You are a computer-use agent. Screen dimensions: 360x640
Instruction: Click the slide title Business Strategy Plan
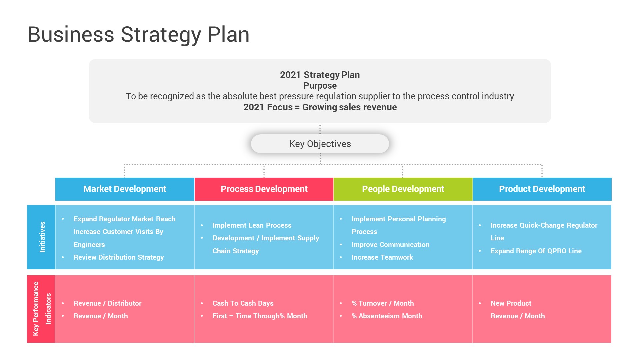click(138, 34)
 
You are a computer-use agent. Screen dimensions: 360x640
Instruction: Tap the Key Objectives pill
click(320, 144)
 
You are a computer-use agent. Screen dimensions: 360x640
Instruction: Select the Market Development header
click(125, 189)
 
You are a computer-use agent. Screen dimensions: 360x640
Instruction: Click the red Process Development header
click(264, 189)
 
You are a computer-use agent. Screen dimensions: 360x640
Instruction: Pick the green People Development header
click(403, 189)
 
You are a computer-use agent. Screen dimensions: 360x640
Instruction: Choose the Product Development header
click(542, 189)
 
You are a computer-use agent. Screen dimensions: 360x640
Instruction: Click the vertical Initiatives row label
click(42, 237)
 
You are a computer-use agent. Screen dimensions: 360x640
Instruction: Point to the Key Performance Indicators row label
click(41, 309)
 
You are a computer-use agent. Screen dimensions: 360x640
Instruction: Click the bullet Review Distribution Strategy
click(119, 257)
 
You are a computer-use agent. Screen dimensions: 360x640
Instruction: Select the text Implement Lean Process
click(252, 225)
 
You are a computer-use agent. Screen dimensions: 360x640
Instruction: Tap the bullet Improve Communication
click(390, 245)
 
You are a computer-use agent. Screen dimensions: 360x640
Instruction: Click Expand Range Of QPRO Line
click(536, 251)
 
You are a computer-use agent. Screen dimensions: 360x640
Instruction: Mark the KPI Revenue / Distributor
click(107, 303)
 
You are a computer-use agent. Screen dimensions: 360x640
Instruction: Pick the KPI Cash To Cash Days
click(243, 303)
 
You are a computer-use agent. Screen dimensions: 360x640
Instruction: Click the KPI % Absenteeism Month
click(387, 316)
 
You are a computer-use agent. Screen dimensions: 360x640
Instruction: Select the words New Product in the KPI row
click(511, 303)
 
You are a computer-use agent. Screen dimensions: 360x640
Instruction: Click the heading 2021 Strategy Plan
click(320, 75)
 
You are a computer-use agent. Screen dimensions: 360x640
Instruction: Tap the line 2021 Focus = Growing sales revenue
click(320, 107)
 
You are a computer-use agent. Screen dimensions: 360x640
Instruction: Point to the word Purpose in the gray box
click(320, 86)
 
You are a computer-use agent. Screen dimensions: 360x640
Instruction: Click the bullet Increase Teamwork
click(382, 257)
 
